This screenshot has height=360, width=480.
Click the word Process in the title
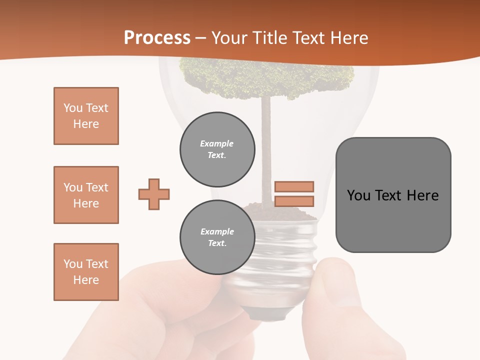click(157, 38)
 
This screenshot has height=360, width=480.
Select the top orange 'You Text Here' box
click(86, 116)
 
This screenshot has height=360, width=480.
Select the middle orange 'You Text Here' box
click(86, 195)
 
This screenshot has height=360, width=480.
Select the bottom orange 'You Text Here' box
click(86, 272)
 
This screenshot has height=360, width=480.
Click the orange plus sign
click(154, 194)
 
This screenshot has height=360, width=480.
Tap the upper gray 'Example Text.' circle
click(217, 149)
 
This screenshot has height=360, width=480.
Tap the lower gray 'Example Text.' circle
click(217, 237)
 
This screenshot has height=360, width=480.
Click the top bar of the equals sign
click(294, 186)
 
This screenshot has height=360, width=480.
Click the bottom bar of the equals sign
click(294, 201)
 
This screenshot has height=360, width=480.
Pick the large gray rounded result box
click(393, 195)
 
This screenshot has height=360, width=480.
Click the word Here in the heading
click(348, 38)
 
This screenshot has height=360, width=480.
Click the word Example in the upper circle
click(216, 143)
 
